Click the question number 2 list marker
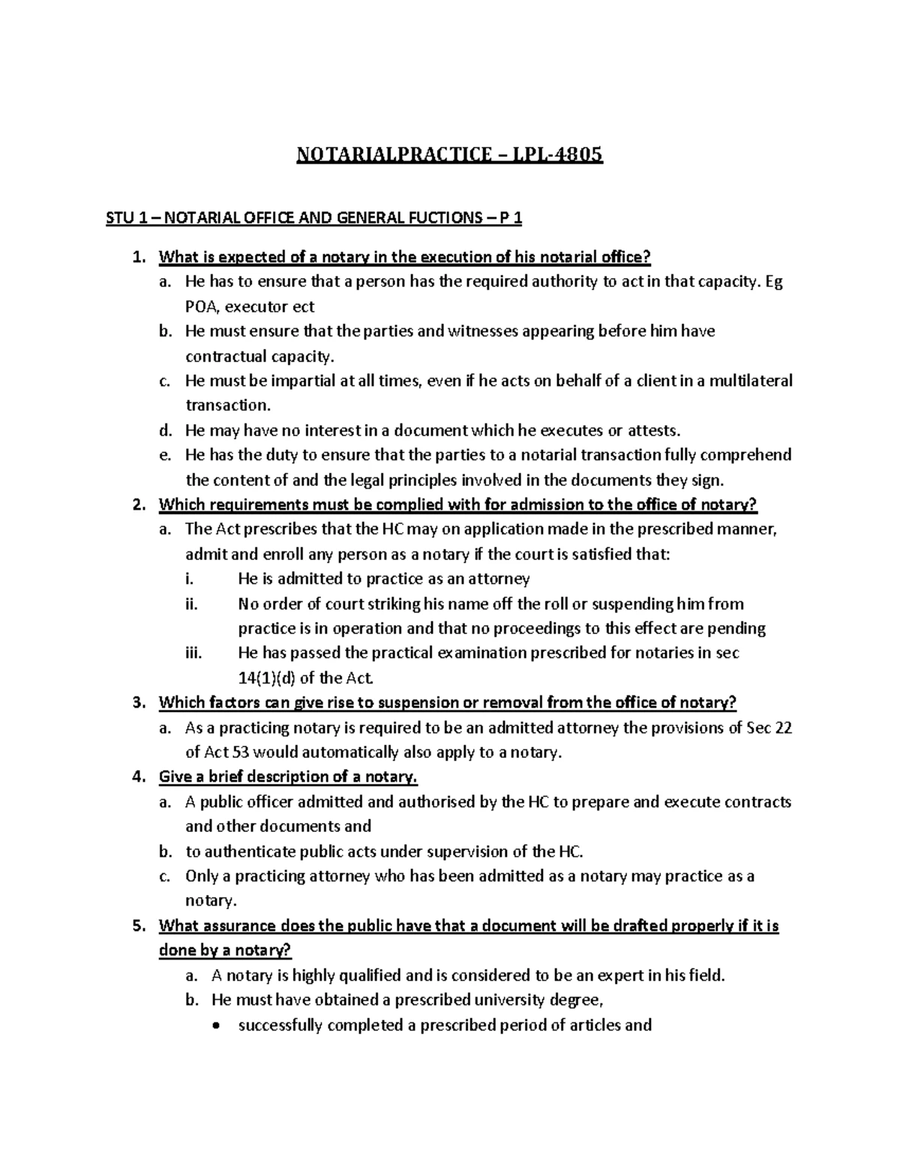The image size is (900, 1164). pos(137,504)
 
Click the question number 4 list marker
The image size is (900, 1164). pos(137,776)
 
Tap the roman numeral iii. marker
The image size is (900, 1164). pos(193,653)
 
